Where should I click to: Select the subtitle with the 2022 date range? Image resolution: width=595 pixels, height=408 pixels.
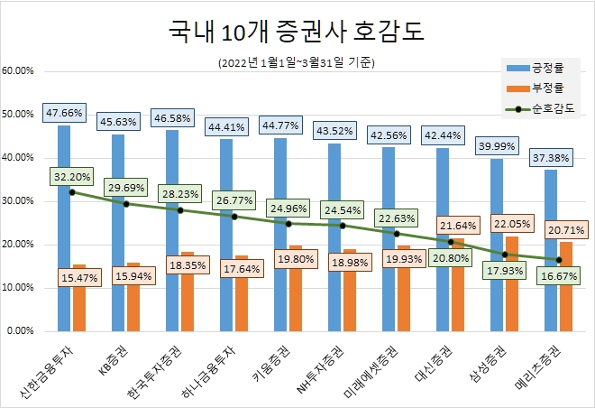click(x=297, y=63)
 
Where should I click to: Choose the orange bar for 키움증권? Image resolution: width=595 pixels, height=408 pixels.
click(x=296, y=288)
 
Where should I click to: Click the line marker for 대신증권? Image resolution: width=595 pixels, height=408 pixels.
click(x=451, y=241)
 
